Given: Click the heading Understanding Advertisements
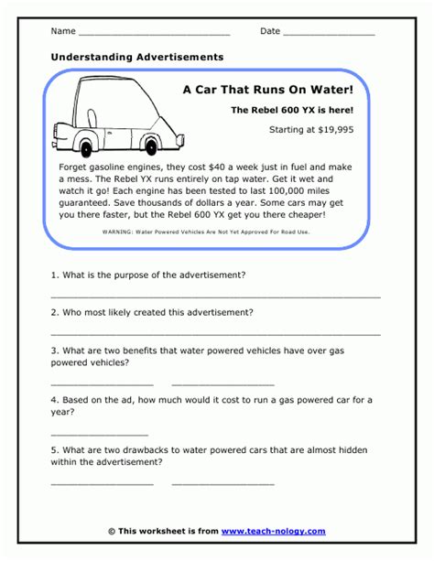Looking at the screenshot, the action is (137, 57).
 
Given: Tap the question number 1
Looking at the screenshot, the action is (55, 275).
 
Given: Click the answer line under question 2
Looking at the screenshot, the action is (215, 334).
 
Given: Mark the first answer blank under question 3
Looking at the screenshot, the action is (102, 384).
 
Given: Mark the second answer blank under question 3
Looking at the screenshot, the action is (222, 384).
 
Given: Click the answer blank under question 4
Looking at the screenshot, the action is (99, 434).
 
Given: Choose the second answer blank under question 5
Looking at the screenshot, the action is (222, 483).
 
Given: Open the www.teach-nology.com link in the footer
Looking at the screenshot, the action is (273, 531).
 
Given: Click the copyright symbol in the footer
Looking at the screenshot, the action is (112, 531).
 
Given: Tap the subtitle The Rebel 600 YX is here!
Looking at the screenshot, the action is (291, 110).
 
